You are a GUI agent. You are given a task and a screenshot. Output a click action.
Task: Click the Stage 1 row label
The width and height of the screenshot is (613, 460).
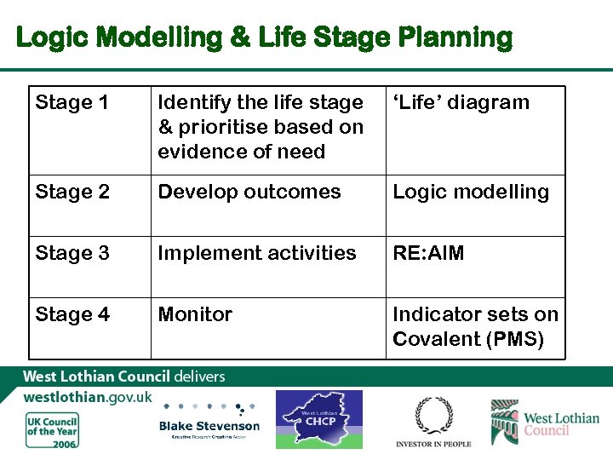point(72,103)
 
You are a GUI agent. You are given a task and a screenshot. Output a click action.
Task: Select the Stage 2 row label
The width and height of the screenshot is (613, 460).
point(72,192)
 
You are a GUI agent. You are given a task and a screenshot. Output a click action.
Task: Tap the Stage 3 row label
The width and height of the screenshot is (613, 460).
point(72,253)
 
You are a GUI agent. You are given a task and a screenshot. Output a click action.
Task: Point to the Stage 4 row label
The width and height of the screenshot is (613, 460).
point(72,314)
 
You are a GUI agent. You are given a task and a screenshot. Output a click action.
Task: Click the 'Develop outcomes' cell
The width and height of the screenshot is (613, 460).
point(249,192)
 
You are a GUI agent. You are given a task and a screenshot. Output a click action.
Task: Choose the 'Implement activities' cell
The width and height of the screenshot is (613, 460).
point(257,253)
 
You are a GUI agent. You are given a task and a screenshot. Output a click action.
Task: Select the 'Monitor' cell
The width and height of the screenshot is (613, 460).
point(195,314)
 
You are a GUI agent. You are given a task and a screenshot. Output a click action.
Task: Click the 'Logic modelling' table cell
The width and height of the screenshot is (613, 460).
point(471,192)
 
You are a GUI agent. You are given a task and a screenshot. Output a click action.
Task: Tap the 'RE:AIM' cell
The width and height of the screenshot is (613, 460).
point(428,253)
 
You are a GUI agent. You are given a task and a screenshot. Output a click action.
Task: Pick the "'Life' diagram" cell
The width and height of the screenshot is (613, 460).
point(461,103)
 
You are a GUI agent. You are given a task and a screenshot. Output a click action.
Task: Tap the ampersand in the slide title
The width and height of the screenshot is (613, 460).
point(241,37)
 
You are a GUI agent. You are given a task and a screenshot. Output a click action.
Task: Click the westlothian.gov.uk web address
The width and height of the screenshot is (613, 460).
point(88,397)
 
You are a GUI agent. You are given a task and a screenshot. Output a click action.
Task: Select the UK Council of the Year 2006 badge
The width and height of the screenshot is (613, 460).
point(52,430)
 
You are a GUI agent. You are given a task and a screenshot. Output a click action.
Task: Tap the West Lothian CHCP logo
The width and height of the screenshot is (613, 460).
point(318,419)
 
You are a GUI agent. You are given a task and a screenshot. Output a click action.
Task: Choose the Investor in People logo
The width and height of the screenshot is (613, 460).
point(433,423)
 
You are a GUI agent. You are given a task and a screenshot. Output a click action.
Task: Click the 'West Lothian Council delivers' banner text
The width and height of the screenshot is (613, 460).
point(123,376)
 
